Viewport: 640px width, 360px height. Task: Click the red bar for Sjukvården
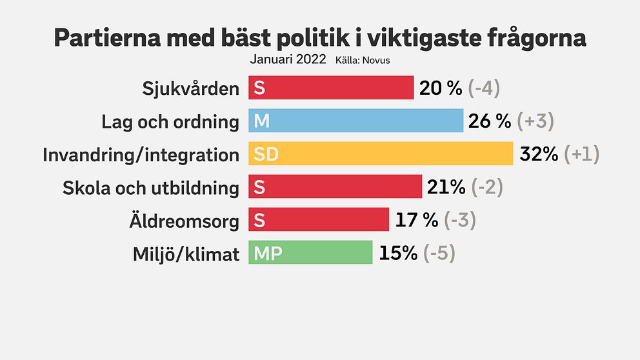331,88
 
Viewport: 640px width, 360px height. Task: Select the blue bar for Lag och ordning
356,121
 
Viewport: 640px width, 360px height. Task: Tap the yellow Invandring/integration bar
381,154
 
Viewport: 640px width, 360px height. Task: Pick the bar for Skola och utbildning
335,187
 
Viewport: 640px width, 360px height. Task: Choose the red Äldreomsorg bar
319,220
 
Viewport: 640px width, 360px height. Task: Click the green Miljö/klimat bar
310,253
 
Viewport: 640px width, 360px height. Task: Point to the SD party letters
265,155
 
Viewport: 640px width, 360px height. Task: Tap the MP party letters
267,254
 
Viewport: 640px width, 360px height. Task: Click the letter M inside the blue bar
261,121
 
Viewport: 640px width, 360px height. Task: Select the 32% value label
538,154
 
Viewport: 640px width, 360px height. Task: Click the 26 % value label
490,121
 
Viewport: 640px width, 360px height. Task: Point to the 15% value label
398,253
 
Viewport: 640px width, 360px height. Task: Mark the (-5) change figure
439,253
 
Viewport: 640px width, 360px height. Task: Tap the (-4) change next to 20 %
485,88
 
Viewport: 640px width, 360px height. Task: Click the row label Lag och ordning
170,122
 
